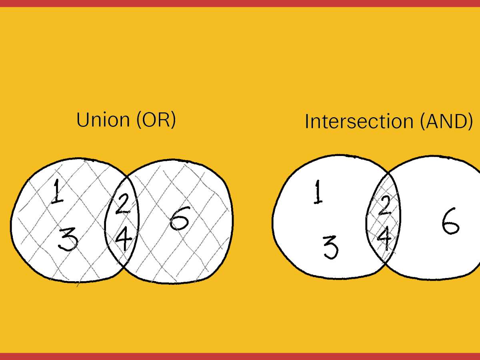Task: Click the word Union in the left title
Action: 103,119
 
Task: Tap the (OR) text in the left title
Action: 156,120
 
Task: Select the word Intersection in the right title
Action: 359,121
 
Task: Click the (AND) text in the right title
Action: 446,122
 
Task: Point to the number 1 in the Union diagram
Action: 57,192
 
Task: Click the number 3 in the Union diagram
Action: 68,239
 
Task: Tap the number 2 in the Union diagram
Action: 123,204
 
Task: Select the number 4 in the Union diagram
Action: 124,238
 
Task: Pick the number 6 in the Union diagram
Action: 180,218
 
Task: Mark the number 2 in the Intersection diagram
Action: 385,206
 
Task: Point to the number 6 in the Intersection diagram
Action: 451,221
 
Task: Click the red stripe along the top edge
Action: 240,4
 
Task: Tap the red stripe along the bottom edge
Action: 240,356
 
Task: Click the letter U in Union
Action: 82,120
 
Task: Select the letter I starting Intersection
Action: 306,122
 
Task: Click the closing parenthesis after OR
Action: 174,120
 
